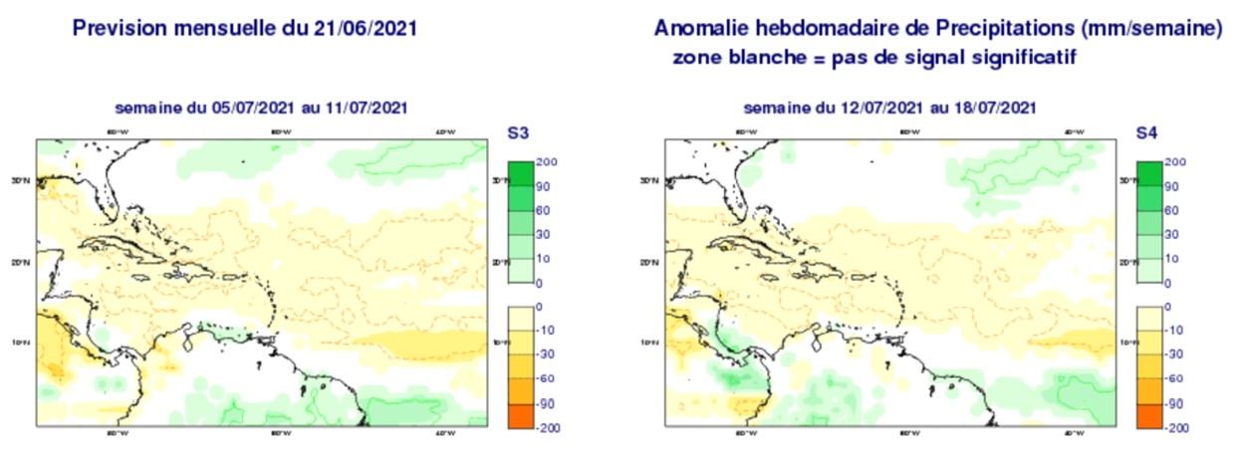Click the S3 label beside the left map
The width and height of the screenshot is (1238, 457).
[519, 131]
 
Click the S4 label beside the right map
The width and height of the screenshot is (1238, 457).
[1147, 131]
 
